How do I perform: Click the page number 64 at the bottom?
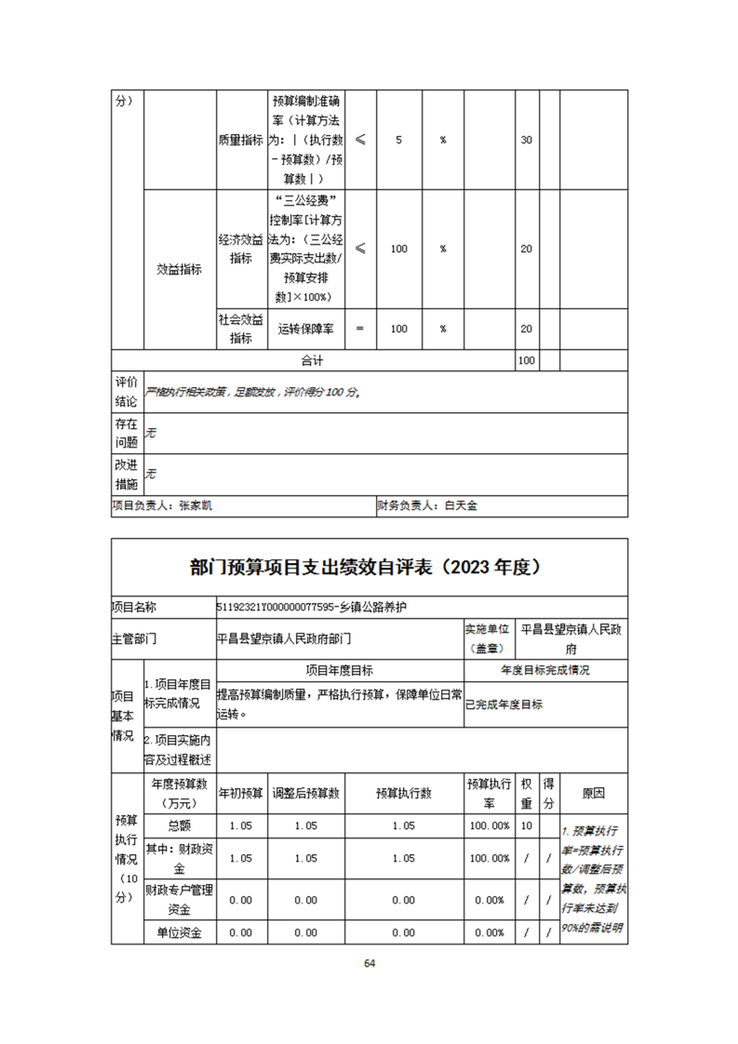(x=369, y=963)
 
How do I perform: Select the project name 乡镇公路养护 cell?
(x=315, y=607)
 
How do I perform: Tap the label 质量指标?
(x=241, y=140)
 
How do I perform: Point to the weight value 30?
(x=526, y=140)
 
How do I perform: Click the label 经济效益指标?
(x=241, y=248)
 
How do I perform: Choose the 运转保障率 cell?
(x=307, y=328)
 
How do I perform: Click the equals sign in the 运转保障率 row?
(x=360, y=328)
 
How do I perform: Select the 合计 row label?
(x=312, y=359)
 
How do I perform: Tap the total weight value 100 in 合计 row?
(x=526, y=359)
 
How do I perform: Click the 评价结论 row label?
(x=127, y=392)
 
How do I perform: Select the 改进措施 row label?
(x=127, y=474)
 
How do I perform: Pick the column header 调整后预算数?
(x=305, y=794)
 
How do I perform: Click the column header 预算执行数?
(x=403, y=794)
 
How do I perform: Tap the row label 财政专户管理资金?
(x=180, y=900)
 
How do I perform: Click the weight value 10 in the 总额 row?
(x=526, y=825)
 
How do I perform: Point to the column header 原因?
(x=593, y=794)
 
